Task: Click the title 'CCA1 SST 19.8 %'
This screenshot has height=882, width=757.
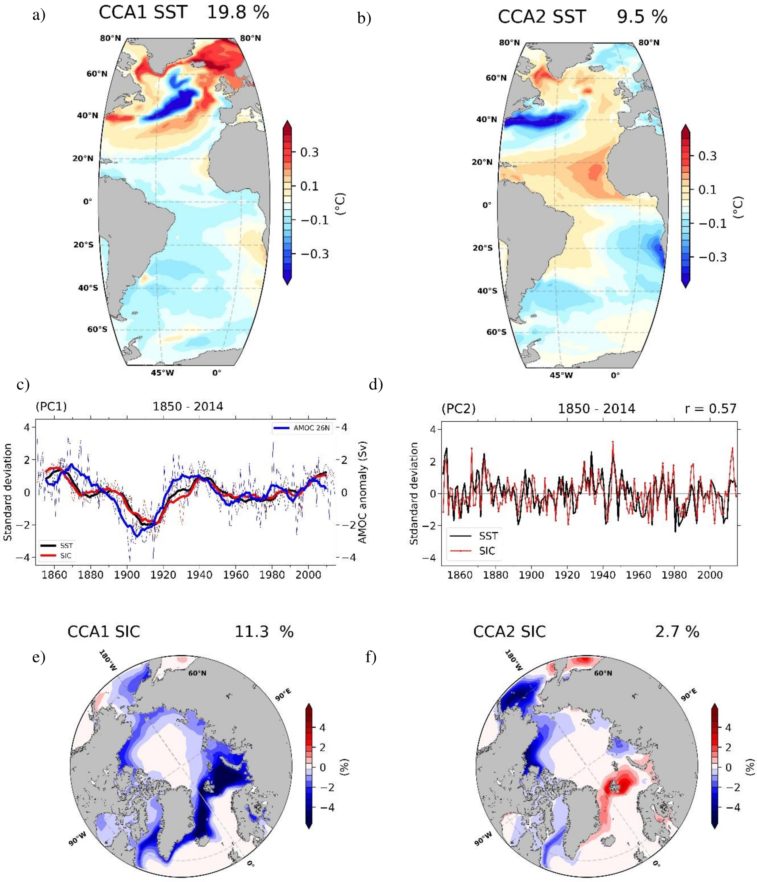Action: [x=184, y=13]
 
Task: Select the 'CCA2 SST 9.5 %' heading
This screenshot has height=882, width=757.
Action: [x=582, y=17]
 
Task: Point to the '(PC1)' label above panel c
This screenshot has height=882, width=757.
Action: [x=51, y=407]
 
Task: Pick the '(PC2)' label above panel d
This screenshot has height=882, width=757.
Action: [x=458, y=409]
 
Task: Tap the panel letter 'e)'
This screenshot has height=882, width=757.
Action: [x=39, y=658]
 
